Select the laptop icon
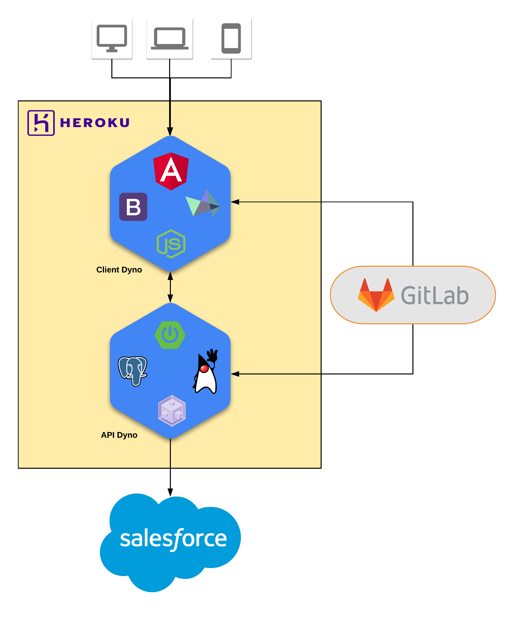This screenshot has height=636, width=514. click(170, 38)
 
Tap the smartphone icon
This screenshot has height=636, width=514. click(231, 38)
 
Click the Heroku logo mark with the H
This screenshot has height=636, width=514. click(41, 123)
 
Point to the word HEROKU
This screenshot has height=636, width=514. click(95, 123)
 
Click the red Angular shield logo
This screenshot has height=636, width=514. click(171, 171)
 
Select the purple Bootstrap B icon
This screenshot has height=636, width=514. click(133, 207)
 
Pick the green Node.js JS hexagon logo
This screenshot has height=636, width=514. click(171, 244)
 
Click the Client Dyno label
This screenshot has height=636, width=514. click(119, 270)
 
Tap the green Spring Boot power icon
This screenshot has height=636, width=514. click(170, 335)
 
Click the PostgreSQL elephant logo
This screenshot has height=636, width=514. click(133, 371)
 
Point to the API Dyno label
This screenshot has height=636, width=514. click(119, 435)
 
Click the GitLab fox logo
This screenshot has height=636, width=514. click(376, 295)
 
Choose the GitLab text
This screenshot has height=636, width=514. click(435, 295)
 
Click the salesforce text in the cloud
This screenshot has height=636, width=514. click(173, 538)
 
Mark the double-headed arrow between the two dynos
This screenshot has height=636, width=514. click(170, 287)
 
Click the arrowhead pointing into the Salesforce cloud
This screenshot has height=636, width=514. click(170, 492)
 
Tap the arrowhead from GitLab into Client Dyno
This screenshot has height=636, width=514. click(235, 202)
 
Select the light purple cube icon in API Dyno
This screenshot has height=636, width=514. click(172, 410)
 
